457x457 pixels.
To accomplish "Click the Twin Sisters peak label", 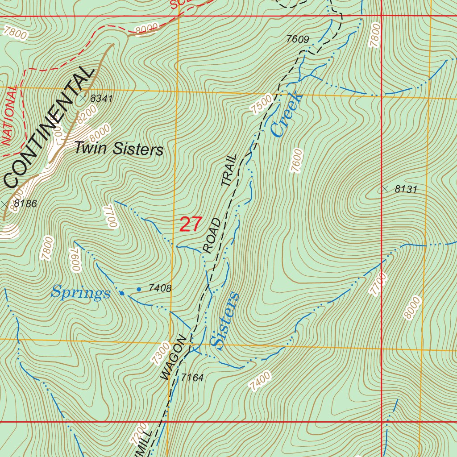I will tap(119, 149).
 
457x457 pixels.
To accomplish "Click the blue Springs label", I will tap(80, 293).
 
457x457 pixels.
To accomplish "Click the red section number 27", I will tap(191, 224).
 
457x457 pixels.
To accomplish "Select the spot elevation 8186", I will tap(25, 204).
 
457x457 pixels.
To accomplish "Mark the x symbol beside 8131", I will tap(385, 189).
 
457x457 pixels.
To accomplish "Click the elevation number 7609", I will tap(298, 40).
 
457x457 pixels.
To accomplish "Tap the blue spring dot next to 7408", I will tap(139, 289).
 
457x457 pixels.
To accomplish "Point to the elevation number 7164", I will tap(192, 378).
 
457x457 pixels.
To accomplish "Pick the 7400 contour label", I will tap(260, 382).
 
